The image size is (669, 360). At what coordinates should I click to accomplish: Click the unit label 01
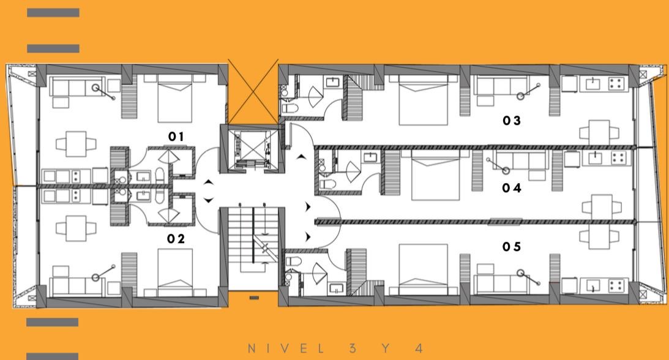coord(176,137)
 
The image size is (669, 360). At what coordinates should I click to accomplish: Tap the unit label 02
coord(176,239)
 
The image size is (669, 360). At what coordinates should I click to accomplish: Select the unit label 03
coord(512,121)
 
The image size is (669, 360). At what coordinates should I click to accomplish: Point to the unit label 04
coord(512,188)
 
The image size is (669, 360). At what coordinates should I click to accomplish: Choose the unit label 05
coord(512,247)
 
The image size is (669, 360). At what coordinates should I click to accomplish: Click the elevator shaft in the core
coord(252,148)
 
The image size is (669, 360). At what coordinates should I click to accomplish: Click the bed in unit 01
coord(175,99)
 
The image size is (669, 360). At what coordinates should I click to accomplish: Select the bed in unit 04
coord(436,175)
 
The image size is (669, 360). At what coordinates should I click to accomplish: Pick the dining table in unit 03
coord(599,133)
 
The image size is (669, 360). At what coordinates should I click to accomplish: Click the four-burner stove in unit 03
coord(616,83)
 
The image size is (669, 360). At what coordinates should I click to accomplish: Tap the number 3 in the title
coord(353,348)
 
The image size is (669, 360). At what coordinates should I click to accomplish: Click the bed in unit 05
coord(423,271)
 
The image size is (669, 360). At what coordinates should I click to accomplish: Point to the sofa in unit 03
coord(502,88)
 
